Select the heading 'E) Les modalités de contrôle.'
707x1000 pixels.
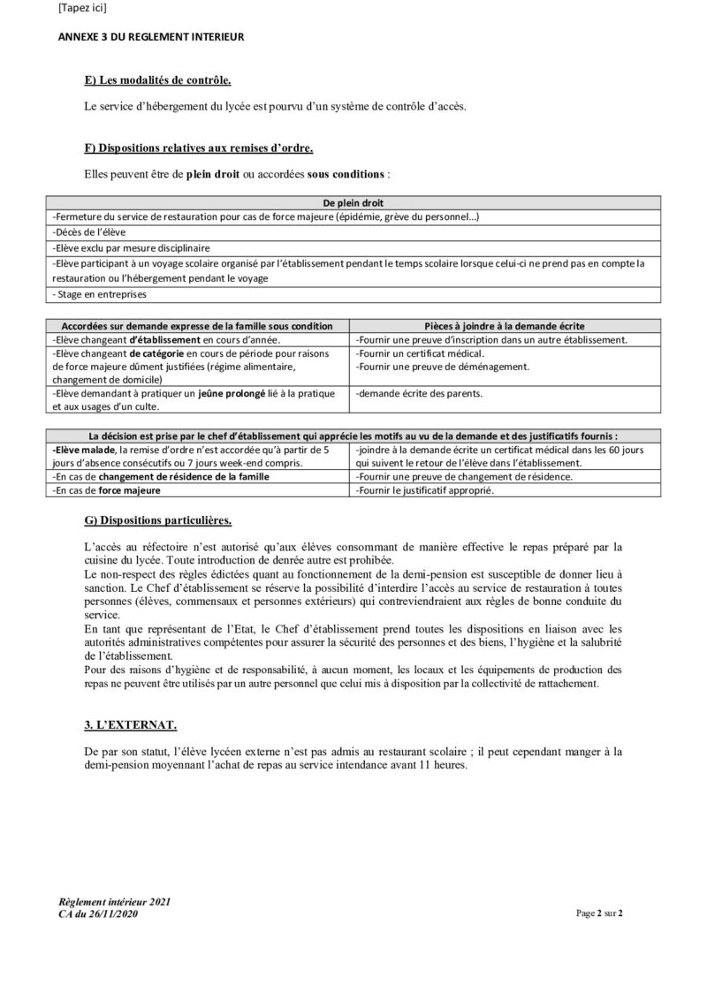pyautogui.click(x=157, y=81)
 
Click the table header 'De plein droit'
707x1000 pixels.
pyautogui.click(x=353, y=202)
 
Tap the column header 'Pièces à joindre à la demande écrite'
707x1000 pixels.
pyautogui.click(x=505, y=326)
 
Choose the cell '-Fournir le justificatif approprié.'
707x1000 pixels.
pyautogui.click(x=425, y=489)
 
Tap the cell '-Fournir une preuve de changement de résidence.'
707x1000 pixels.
pyautogui.click(x=464, y=476)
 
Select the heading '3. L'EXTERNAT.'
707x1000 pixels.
pyautogui.click(x=130, y=726)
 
